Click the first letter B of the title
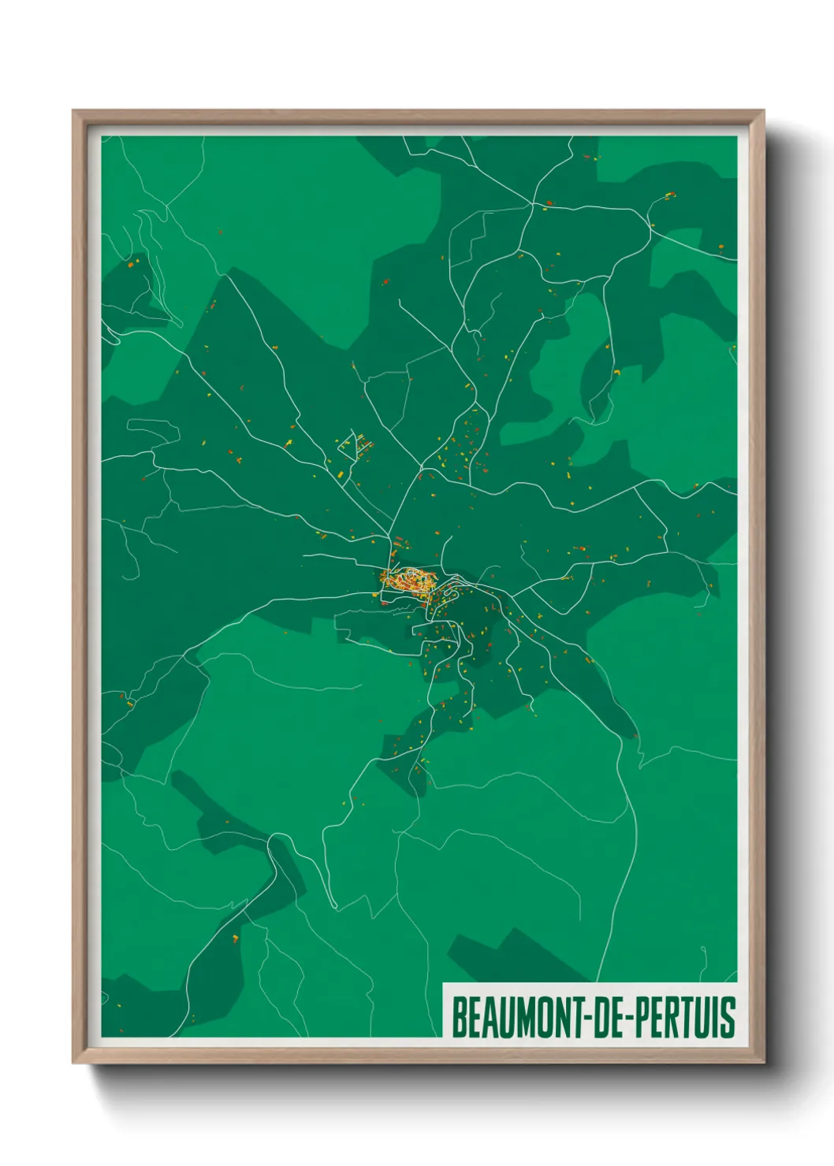(x=458, y=1017)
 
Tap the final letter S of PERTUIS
(x=729, y=1017)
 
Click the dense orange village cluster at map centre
(x=409, y=581)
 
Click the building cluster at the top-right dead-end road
(x=669, y=195)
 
